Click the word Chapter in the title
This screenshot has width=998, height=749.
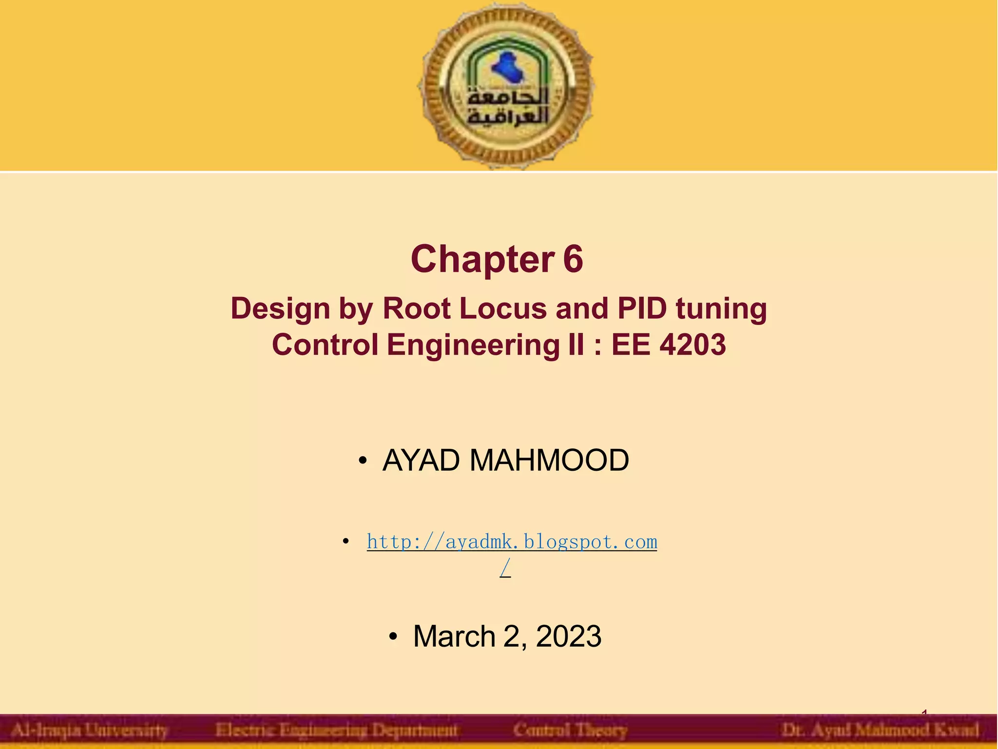tap(482, 259)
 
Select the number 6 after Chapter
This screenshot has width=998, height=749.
tap(573, 259)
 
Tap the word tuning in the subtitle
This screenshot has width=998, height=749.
tap(721, 309)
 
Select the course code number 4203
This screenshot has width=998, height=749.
tap(692, 345)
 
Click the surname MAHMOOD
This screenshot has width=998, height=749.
tap(549, 460)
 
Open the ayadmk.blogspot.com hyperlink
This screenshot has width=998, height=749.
tap(512, 542)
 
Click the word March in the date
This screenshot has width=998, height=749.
tap(454, 636)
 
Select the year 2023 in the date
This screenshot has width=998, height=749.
tap(568, 636)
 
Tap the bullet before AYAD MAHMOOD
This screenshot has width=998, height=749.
tap(362, 461)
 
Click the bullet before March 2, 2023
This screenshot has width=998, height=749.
tap(393, 636)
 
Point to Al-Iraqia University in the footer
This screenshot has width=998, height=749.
tap(89, 730)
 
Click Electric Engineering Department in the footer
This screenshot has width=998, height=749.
tap(336, 730)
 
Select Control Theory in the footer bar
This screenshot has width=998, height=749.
tap(570, 730)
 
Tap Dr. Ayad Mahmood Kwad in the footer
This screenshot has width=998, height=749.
tap(880, 730)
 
